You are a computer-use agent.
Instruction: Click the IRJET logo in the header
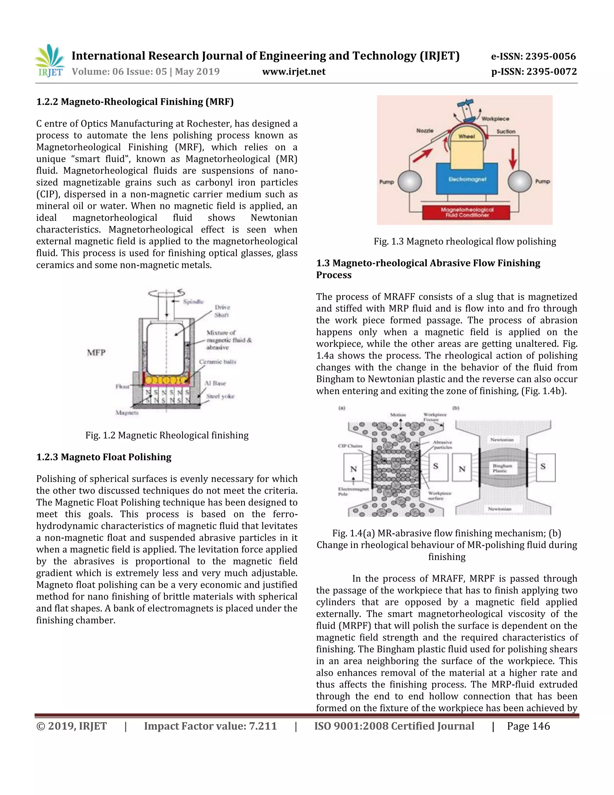coord(49,61)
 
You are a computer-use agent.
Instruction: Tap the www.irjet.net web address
coord(294,72)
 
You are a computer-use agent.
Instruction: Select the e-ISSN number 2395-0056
coord(533,56)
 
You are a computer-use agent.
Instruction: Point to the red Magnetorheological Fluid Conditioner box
coord(467,212)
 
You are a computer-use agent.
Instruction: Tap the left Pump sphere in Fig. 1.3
coord(410,181)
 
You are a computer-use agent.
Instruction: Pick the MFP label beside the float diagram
coord(96,352)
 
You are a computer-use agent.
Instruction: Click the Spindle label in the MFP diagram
coord(193,301)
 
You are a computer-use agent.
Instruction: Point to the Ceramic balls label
coord(218,361)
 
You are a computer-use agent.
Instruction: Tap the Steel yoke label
coord(220,396)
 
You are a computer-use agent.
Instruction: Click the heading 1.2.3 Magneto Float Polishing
coord(104,457)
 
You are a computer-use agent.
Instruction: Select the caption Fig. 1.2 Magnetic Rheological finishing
coord(167,435)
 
